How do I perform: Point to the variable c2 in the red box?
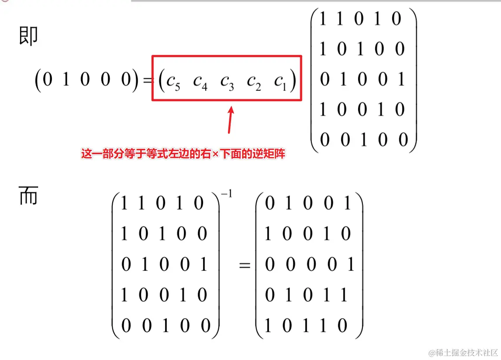254,81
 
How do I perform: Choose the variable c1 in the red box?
280,81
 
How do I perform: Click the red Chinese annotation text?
183,154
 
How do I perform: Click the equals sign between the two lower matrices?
245,265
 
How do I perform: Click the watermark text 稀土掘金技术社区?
463,352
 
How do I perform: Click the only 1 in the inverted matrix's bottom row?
165,326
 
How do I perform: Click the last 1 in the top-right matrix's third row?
401,79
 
